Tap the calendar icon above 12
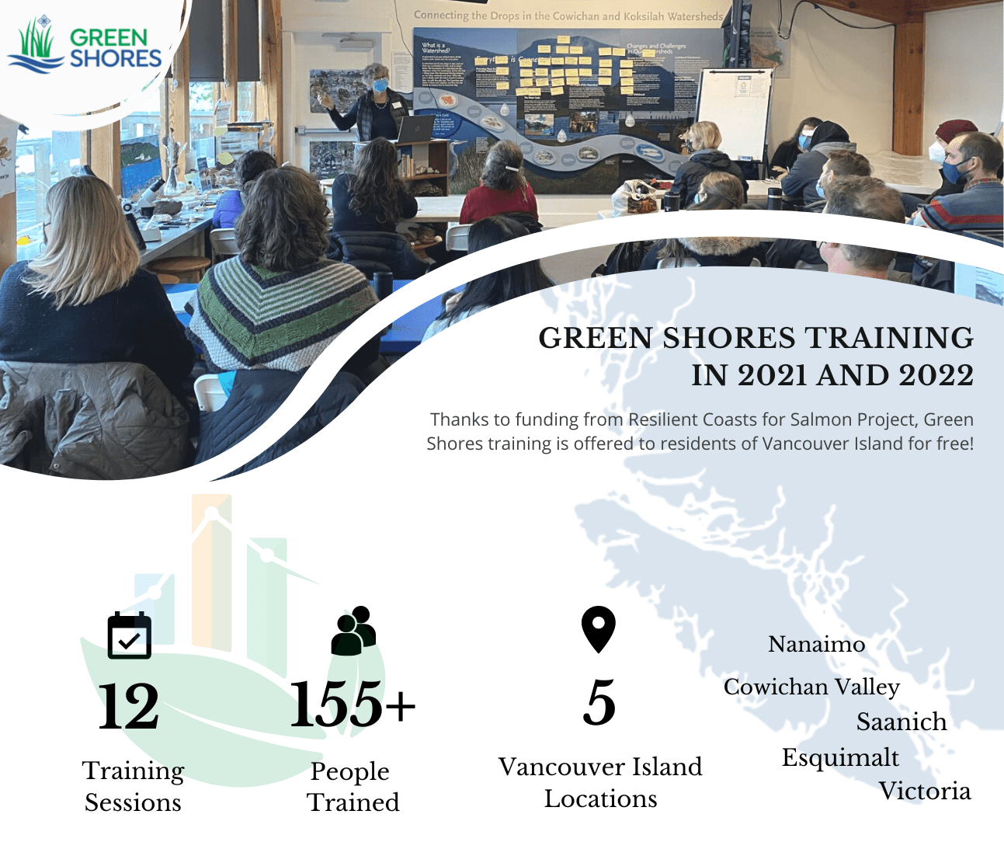point(129,635)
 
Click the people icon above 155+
point(353,630)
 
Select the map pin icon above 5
point(598,628)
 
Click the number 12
point(129,706)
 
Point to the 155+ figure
point(353,704)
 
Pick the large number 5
point(599,703)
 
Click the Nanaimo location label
point(816,644)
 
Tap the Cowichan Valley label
point(811,687)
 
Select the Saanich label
point(902,722)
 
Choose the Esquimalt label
point(840,757)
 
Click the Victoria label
point(925,791)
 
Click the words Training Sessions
point(133,786)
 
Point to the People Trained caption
point(353,786)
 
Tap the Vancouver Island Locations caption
point(600,782)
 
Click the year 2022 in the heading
point(936,375)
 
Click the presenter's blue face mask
point(380,86)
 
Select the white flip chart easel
point(733,113)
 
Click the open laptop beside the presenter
point(415,130)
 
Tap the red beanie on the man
point(955,128)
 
